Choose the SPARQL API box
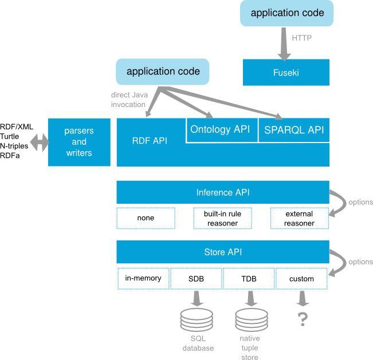294,130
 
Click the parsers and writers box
78,142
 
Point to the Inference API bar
222,192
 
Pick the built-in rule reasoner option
222,218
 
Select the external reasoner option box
299,218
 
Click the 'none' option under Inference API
146,218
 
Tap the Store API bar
222,252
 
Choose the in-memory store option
143,279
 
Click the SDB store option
196,279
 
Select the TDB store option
249,279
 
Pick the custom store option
301,279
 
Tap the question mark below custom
302,319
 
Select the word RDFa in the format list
10,156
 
